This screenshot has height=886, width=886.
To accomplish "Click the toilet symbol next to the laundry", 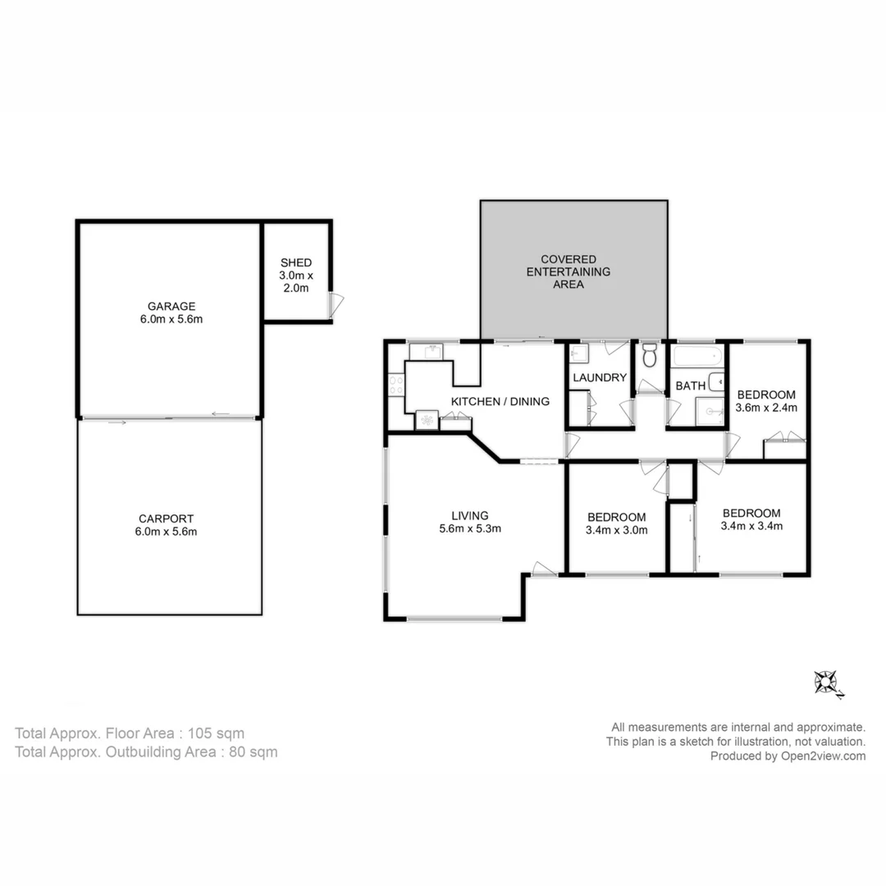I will pos(650,356).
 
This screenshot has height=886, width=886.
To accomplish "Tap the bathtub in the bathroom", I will pos(697,356).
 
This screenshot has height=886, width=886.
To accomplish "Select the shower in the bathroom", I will pos(710,413).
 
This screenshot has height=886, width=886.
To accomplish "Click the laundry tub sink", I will pos(578,354).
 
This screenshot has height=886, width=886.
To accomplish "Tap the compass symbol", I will pos(825,682).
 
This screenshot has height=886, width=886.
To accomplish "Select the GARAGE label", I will pos(171,306).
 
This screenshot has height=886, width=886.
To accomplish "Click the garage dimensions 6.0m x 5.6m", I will pos(171,319).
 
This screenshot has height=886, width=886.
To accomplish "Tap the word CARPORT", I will pos(167,518).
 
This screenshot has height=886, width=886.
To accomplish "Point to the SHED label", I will pos(295,263).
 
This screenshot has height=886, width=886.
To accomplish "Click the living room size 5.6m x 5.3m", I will pos(470,529).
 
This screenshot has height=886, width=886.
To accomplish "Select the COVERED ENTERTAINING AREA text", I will pos(568,272).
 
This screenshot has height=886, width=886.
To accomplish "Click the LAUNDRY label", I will pos(600,378).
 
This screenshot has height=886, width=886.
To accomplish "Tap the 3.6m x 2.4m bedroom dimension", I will pos(766,407).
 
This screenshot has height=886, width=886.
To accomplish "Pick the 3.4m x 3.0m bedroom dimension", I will pos(617,530).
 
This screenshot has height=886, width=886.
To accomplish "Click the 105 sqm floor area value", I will pos(216,733).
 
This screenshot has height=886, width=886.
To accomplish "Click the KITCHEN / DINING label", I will pos(500,401).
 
